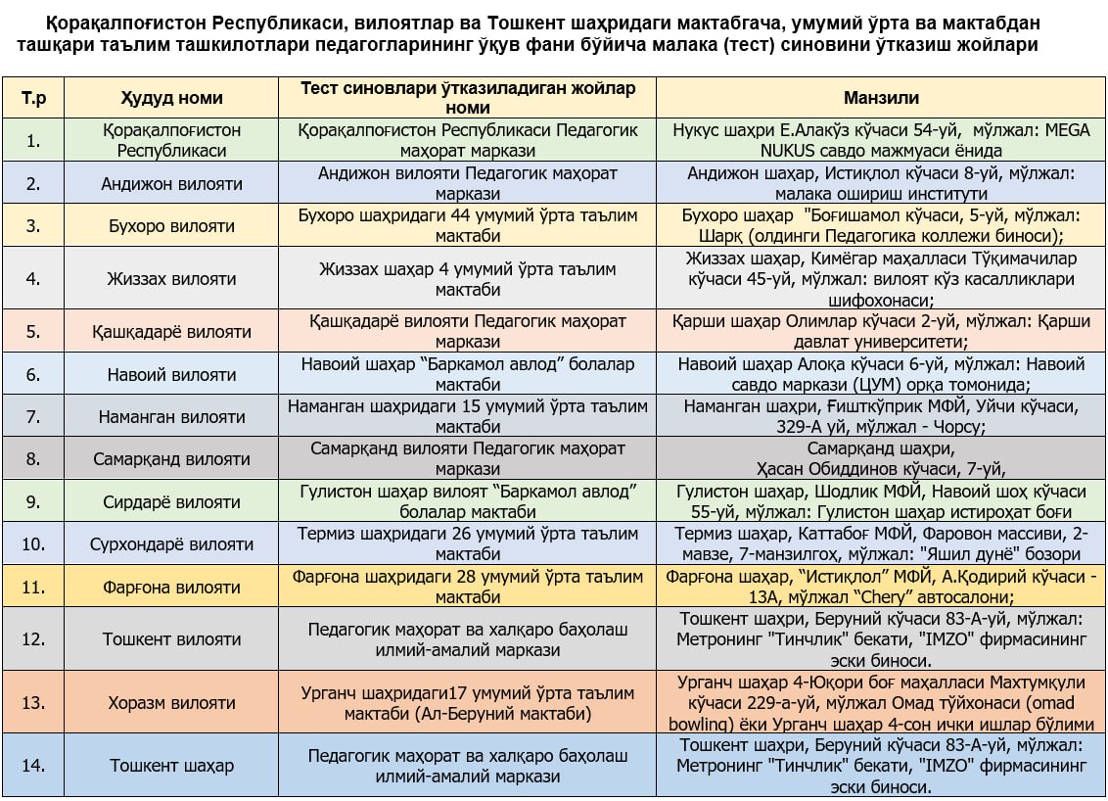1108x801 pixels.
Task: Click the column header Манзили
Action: click(x=881, y=98)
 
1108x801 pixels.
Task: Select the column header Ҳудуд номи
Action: click(x=171, y=98)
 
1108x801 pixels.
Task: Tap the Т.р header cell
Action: click(x=34, y=98)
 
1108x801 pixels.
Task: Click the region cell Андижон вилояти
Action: click(x=171, y=183)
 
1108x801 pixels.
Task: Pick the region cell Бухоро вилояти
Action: click(x=171, y=226)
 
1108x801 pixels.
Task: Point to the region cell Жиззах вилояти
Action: click(x=171, y=278)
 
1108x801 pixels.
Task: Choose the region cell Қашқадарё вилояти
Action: click(x=171, y=332)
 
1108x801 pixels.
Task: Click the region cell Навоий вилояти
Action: click(x=171, y=374)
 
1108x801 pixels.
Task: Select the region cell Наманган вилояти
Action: click(x=171, y=416)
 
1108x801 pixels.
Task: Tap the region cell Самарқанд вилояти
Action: click(x=171, y=458)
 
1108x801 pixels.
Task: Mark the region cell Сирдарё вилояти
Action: click(x=171, y=502)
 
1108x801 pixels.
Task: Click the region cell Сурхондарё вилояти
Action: click(x=171, y=544)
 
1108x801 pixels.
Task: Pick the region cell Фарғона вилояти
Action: click(x=171, y=588)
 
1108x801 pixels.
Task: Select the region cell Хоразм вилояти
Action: click(x=171, y=703)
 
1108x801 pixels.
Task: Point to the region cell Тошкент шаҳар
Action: click(x=171, y=765)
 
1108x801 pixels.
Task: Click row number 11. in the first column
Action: click(x=34, y=588)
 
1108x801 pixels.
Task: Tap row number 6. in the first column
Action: click(x=34, y=374)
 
